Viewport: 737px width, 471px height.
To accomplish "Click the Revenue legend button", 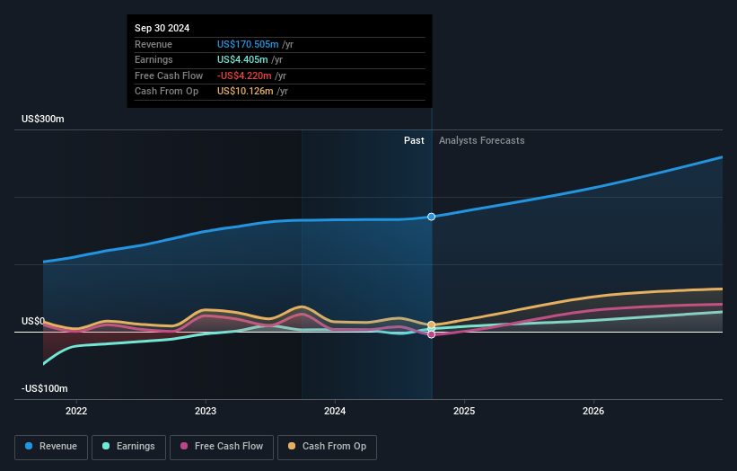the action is (x=51, y=447).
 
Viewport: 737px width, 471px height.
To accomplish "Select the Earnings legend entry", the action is (x=128, y=447).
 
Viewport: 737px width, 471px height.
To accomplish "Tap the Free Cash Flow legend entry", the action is (x=222, y=447).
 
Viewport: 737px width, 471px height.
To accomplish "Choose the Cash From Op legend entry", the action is (x=327, y=447).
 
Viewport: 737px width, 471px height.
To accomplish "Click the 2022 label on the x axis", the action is (x=76, y=411).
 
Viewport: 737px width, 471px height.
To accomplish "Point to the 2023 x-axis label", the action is (x=206, y=411).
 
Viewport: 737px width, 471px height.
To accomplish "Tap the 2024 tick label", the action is (x=335, y=411).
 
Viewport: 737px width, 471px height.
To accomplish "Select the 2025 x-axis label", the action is (x=464, y=411).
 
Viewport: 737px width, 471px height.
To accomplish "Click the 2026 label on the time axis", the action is (x=593, y=411).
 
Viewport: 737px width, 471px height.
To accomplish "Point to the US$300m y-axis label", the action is (x=43, y=119).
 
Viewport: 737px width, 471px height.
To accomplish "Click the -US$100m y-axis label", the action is (x=45, y=388).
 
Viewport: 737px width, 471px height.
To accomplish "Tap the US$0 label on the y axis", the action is (x=33, y=322).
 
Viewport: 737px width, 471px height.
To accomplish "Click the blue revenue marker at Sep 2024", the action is (x=431, y=217).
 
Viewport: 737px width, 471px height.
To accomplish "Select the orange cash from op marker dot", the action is (x=431, y=325).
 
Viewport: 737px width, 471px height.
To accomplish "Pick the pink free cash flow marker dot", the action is (x=431, y=334).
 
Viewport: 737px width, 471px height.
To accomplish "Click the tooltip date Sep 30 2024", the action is (x=162, y=28).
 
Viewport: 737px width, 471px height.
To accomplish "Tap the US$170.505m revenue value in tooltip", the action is (x=248, y=44).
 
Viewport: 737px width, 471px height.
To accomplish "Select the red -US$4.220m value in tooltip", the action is (x=244, y=76).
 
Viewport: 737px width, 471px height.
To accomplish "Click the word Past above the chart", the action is (x=414, y=141).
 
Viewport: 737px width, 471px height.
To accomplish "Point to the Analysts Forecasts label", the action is (x=482, y=141).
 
